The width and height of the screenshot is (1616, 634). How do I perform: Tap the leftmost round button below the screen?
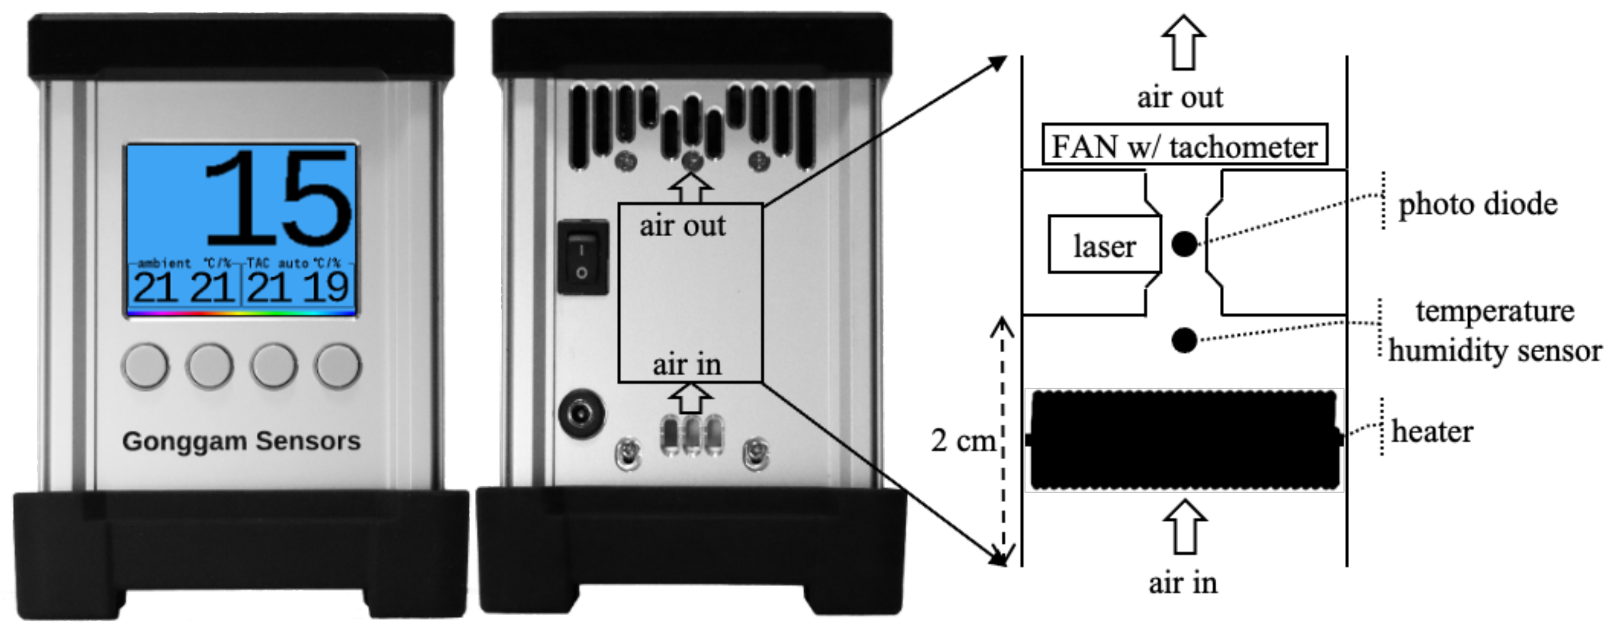point(146,365)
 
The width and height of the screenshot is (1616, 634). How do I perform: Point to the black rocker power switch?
point(583,257)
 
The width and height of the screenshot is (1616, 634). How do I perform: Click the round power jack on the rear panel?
point(581,414)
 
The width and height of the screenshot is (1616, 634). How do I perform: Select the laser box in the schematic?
point(1104,245)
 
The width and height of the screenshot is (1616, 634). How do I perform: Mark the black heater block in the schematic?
point(1184,440)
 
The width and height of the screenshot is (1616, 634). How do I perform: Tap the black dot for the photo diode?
point(1185,244)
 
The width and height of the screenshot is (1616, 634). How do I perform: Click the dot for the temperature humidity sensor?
point(1185,340)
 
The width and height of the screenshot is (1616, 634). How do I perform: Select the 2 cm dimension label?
point(963,441)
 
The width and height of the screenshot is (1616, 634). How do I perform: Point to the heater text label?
point(1432,431)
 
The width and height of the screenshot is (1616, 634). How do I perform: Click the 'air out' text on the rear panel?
point(682,226)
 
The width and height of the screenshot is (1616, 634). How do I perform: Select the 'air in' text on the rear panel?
point(687,365)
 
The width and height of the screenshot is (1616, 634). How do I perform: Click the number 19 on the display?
point(326,288)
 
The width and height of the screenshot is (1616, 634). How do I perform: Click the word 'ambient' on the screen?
point(164,263)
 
